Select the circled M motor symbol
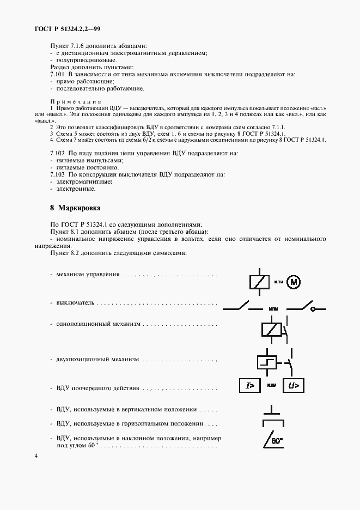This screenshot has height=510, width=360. (x=294, y=282)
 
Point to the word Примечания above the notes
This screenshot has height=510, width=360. (x=76, y=102)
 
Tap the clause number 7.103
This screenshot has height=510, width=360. (x=57, y=175)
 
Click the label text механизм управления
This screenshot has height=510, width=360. (x=88, y=274)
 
